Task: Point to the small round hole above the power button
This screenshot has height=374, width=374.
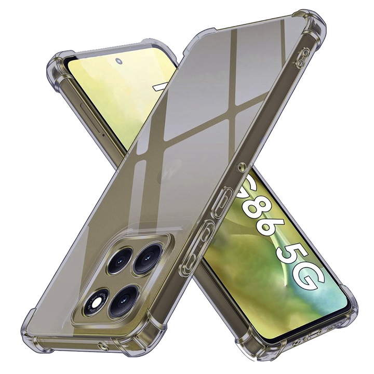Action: (241, 168)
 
